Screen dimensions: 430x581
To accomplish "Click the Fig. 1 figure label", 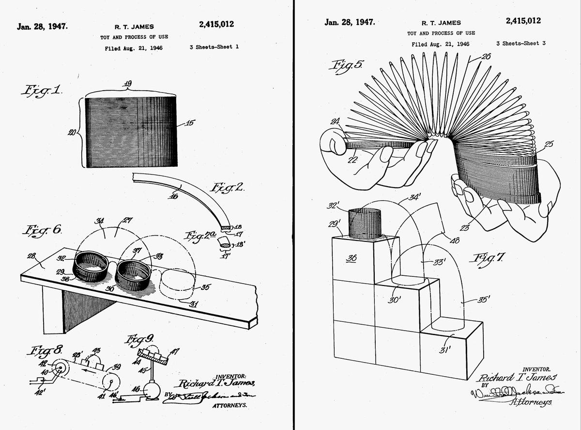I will click(41, 90).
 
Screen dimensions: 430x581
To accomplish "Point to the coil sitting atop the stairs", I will click(365, 223).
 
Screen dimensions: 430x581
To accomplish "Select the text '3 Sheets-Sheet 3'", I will click(521, 44).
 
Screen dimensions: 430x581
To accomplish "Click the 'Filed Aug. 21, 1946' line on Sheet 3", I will click(440, 44).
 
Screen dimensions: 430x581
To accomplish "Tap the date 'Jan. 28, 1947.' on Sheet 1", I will click(43, 26).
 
